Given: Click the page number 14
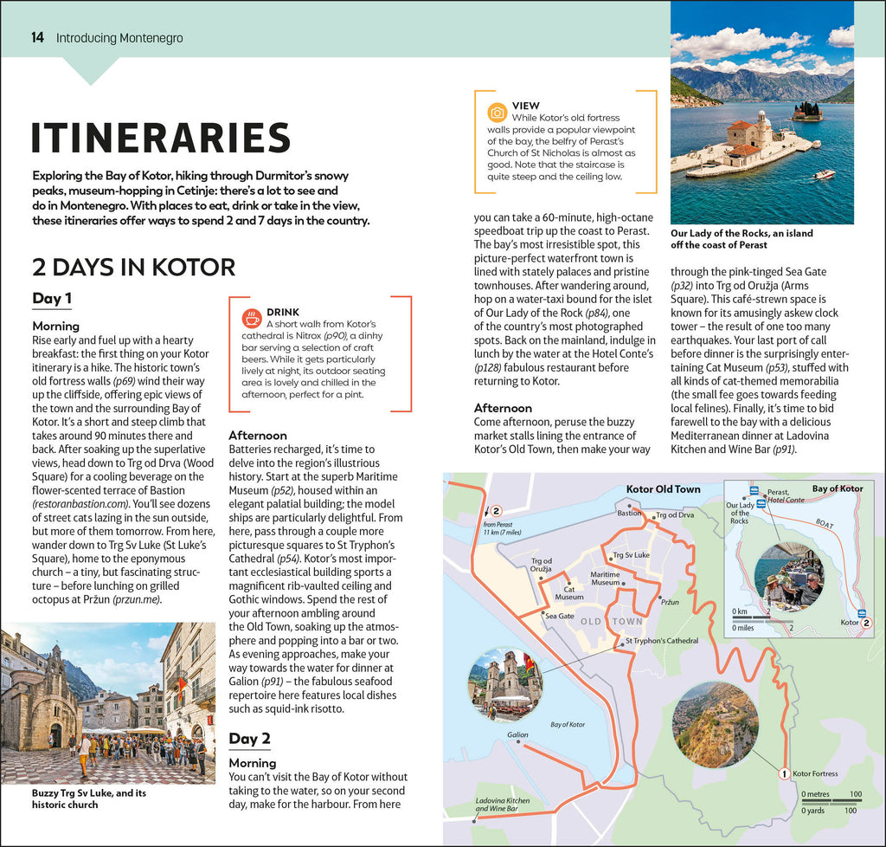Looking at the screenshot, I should tap(37, 38).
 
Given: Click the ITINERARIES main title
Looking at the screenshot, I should tap(161, 139).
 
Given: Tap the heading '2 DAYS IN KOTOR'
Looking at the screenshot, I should tap(133, 267).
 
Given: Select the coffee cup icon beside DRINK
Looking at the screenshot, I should tap(251, 318).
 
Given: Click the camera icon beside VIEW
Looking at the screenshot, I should tap(497, 113).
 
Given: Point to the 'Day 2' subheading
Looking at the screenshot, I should tap(249, 738).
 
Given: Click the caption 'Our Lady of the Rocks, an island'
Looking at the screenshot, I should tap(742, 233).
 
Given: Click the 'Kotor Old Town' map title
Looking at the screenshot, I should tap(663, 489).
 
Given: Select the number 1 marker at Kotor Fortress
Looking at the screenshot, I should tap(782, 773).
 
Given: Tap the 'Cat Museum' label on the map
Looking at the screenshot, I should tap(568, 592).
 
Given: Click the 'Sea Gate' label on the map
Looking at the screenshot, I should tap(559, 616).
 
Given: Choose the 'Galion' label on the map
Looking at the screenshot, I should tap(517, 734).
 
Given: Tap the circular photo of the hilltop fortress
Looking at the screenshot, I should tap(715, 724).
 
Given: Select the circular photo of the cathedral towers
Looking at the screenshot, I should tap(505, 684).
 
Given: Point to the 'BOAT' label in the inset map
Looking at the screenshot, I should tap(824, 523).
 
